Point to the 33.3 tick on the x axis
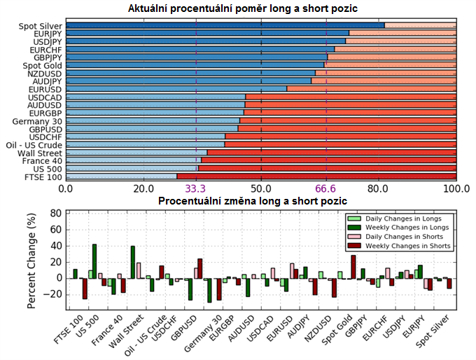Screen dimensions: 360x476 pyautogui.click(x=195, y=189)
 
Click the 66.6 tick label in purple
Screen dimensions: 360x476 pyautogui.click(x=326, y=189)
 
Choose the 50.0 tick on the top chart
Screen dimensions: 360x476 pyautogui.click(x=261, y=189)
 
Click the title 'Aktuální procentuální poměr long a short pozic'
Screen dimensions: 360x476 pyautogui.click(x=262, y=9)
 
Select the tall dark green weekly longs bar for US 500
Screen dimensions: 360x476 pyautogui.click(x=94, y=261)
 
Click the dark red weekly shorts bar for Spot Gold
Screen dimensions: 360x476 pyautogui.click(x=353, y=267)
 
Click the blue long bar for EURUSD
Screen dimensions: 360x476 pyautogui.click(x=176, y=89)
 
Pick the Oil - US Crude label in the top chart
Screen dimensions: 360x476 pyautogui.click(x=34, y=145)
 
